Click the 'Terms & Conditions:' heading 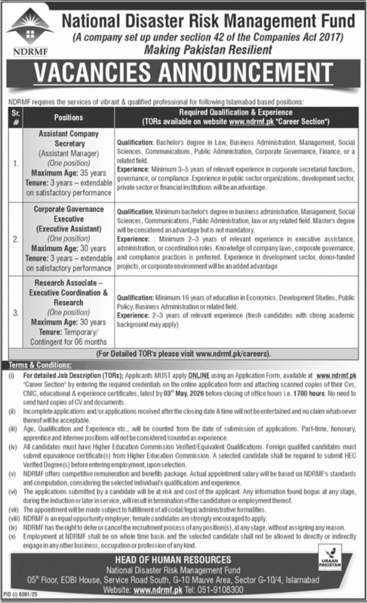40,364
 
